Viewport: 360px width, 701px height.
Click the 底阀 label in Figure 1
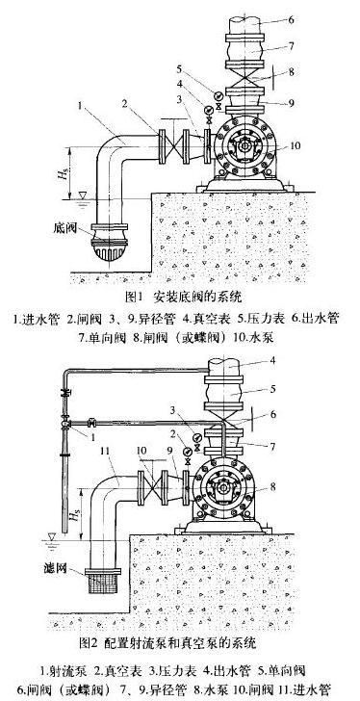(70, 231)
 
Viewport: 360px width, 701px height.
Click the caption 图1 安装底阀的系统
(183, 295)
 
